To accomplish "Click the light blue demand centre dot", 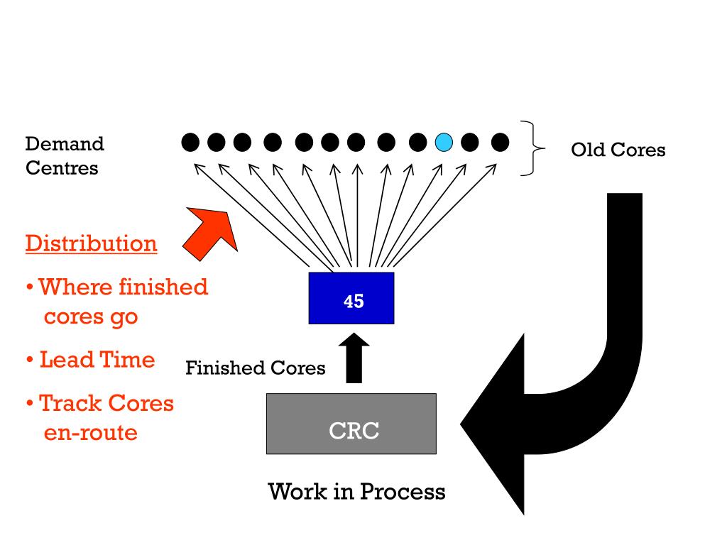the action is [444, 142].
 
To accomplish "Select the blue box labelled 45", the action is [351, 298].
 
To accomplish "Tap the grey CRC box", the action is [351, 424].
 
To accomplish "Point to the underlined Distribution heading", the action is [92, 244].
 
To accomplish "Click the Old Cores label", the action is [618, 150].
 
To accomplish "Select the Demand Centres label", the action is [65, 155].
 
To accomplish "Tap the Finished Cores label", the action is [256, 368].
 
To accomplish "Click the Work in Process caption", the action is [356, 491].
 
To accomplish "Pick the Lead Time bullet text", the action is [97, 360].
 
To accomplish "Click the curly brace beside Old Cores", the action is [532, 148].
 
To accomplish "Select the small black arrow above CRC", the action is [354, 358].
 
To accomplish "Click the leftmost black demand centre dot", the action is [190, 142].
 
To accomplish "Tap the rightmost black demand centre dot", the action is [500, 142].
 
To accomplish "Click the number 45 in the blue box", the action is [354, 301].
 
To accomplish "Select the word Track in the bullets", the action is [70, 403].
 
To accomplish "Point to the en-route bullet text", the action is [90, 432].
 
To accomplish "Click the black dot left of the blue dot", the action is [417, 142].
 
